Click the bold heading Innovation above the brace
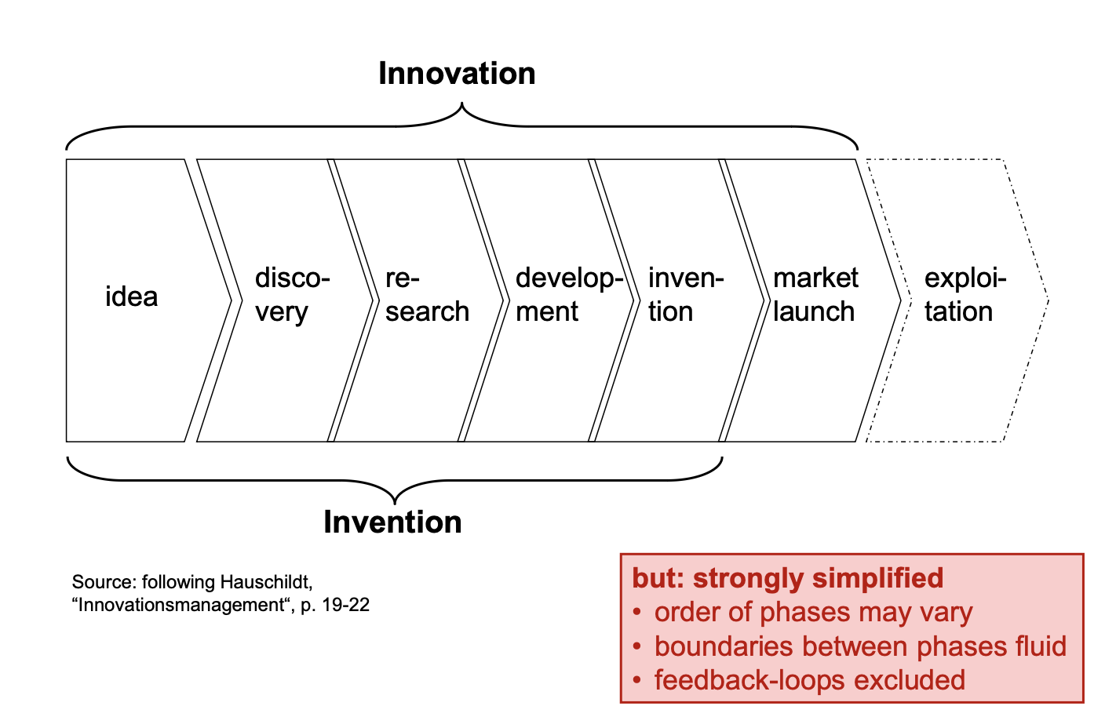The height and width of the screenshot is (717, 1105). tap(457, 74)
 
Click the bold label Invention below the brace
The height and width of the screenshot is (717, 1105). tap(392, 522)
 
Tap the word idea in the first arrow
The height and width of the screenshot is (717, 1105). tap(132, 297)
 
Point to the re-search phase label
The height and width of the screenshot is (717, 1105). tap(426, 295)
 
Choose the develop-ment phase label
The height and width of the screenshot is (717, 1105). tap(568, 295)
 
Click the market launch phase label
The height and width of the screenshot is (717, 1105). tap(815, 295)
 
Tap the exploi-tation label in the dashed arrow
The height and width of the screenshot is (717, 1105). tap(964, 295)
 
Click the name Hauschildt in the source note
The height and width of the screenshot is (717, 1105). tap(266, 582)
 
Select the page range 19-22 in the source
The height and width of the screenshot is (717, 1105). tap(346, 606)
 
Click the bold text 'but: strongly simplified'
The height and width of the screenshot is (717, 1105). tap(787, 578)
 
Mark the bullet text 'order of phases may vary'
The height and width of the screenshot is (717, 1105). tap(813, 612)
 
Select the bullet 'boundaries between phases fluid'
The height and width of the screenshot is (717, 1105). tap(860, 646)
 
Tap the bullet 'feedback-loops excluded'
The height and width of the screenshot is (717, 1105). tap(809, 680)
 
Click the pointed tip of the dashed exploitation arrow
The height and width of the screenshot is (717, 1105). tap(1048, 300)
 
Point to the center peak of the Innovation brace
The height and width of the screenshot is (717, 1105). tap(461, 104)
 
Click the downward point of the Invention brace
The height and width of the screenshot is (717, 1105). tap(394, 502)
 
